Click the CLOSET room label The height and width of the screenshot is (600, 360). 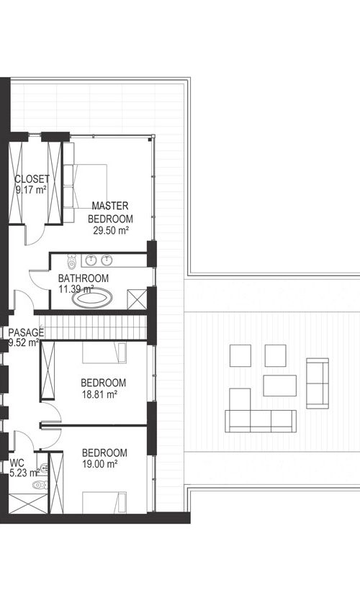[x=32, y=178]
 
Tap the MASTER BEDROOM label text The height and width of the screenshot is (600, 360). [x=110, y=212]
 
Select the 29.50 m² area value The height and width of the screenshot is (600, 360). [x=110, y=230]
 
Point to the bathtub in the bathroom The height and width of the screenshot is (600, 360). [x=93, y=298]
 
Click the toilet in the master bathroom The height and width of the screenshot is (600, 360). [x=71, y=261]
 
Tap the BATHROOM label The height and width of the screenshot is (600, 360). [x=83, y=278]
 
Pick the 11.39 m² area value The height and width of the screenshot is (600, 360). [x=76, y=289]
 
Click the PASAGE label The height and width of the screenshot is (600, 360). [x=26, y=332]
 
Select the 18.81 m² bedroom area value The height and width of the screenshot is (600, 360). [x=99, y=394]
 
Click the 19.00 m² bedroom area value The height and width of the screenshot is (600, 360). [x=99, y=464]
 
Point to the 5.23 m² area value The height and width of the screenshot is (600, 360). [x=24, y=473]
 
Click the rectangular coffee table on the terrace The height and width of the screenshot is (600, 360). [x=279, y=386]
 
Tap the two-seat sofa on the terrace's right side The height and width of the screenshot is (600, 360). [x=318, y=383]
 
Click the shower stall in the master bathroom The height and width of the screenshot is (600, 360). [x=137, y=299]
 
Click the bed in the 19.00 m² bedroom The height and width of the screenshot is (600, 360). [x=104, y=502]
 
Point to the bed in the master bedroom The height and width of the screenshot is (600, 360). [x=85, y=186]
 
